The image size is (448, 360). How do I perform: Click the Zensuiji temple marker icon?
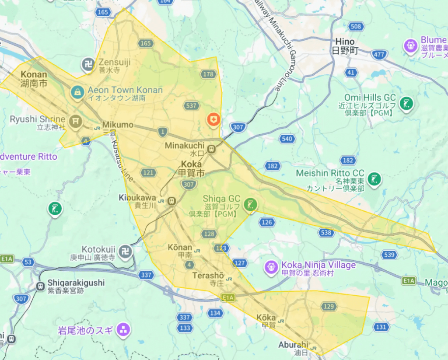[x=88, y=65]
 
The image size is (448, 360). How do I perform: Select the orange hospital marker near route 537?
[x=213, y=119]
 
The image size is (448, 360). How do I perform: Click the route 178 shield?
[x=209, y=74]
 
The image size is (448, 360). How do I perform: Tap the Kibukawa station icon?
[x=171, y=201]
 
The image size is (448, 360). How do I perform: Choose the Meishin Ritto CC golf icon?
[x=374, y=179]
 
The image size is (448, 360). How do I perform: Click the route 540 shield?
[x=287, y=139]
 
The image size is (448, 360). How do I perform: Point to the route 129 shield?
[x=329, y=307]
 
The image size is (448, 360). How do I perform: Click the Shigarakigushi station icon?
[x=41, y=286]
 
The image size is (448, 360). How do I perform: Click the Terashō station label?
[x=208, y=276]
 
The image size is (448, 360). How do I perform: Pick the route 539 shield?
[x=388, y=254]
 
